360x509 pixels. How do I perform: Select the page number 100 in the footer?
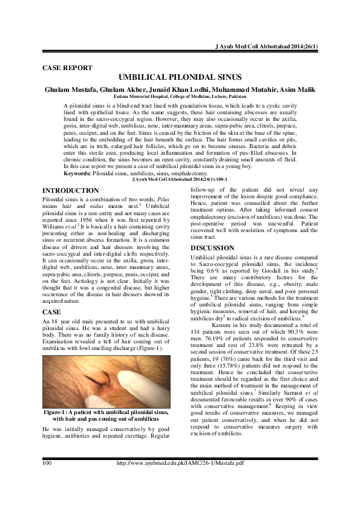[46, 480]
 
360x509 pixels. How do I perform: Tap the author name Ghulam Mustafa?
[73, 89]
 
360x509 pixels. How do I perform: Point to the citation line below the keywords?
[180, 180]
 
